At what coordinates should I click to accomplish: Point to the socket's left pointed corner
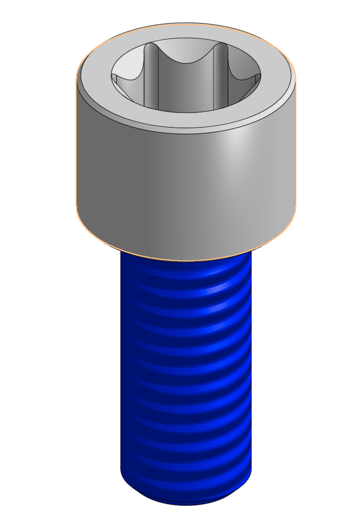click(114, 78)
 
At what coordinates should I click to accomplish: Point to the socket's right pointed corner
click(258, 77)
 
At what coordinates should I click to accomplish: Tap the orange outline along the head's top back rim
click(186, 23)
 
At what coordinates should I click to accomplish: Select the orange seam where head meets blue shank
click(186, 260)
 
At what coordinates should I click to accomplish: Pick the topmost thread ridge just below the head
click(186, 273)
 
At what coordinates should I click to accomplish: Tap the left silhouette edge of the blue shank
click(121, 368)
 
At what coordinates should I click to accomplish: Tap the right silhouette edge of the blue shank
click(251, 368)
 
